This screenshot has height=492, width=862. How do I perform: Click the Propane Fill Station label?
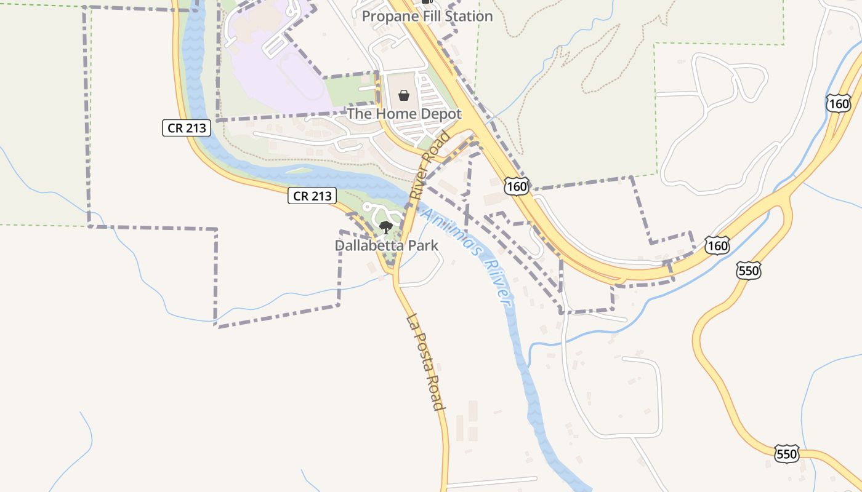(427, 16)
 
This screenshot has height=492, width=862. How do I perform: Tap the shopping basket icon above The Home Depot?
(404, 95)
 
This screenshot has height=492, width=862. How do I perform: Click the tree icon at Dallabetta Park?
(386, 228)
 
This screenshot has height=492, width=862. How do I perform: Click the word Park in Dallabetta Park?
(425, 246)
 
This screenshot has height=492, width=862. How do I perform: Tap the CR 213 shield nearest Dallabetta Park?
(313, 196)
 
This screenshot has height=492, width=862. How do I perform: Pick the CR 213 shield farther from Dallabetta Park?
(187, 128)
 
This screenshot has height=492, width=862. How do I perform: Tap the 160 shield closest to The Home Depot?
(517, 185)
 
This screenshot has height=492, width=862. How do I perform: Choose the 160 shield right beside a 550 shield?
(717, 245)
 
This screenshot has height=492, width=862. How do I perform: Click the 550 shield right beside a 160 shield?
(748, 269)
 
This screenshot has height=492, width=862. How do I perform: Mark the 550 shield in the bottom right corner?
(786, 454)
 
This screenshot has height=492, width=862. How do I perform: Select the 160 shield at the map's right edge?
(839, 103)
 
